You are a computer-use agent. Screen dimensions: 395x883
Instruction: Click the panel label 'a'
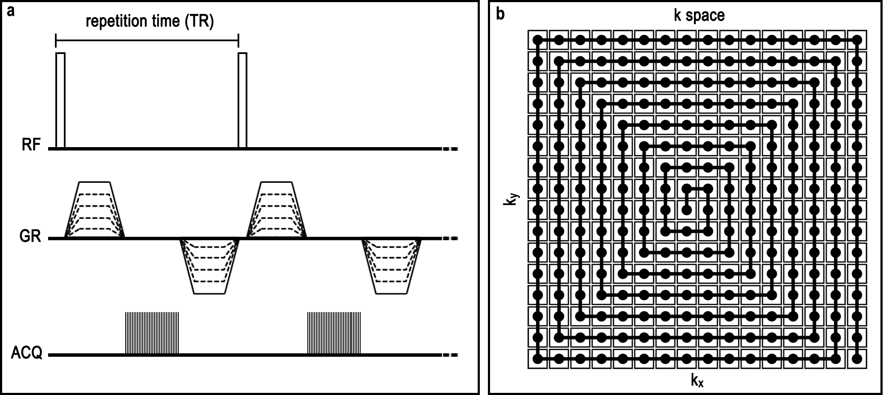pos(11,11)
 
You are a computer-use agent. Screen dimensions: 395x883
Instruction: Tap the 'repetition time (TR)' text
pos(149,21)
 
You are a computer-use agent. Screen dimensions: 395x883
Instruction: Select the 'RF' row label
pos(31,145)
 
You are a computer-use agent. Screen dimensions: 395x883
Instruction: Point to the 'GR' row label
pos(30,236)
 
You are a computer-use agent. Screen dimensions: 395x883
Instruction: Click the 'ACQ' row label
pos(26,353)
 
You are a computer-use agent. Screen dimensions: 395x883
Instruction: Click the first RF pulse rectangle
pos(60,101)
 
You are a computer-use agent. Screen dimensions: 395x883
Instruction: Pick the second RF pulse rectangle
pos(242,101)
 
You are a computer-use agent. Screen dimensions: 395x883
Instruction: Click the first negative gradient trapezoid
pos(209,266)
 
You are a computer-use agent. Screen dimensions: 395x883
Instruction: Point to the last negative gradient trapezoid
pos(391,266)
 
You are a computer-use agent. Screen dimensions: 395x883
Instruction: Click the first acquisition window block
pos(152,333)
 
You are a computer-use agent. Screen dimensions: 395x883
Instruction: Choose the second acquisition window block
pos(334,333)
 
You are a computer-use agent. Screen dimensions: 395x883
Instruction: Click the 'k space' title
pos(699,15)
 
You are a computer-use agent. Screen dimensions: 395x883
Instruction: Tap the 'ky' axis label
pos(510,199)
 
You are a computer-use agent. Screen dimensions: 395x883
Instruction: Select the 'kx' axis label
pos(697,381)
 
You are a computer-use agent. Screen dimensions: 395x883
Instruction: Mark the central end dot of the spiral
pos(686,210)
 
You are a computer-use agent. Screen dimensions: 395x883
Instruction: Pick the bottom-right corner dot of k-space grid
pos(857,359)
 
